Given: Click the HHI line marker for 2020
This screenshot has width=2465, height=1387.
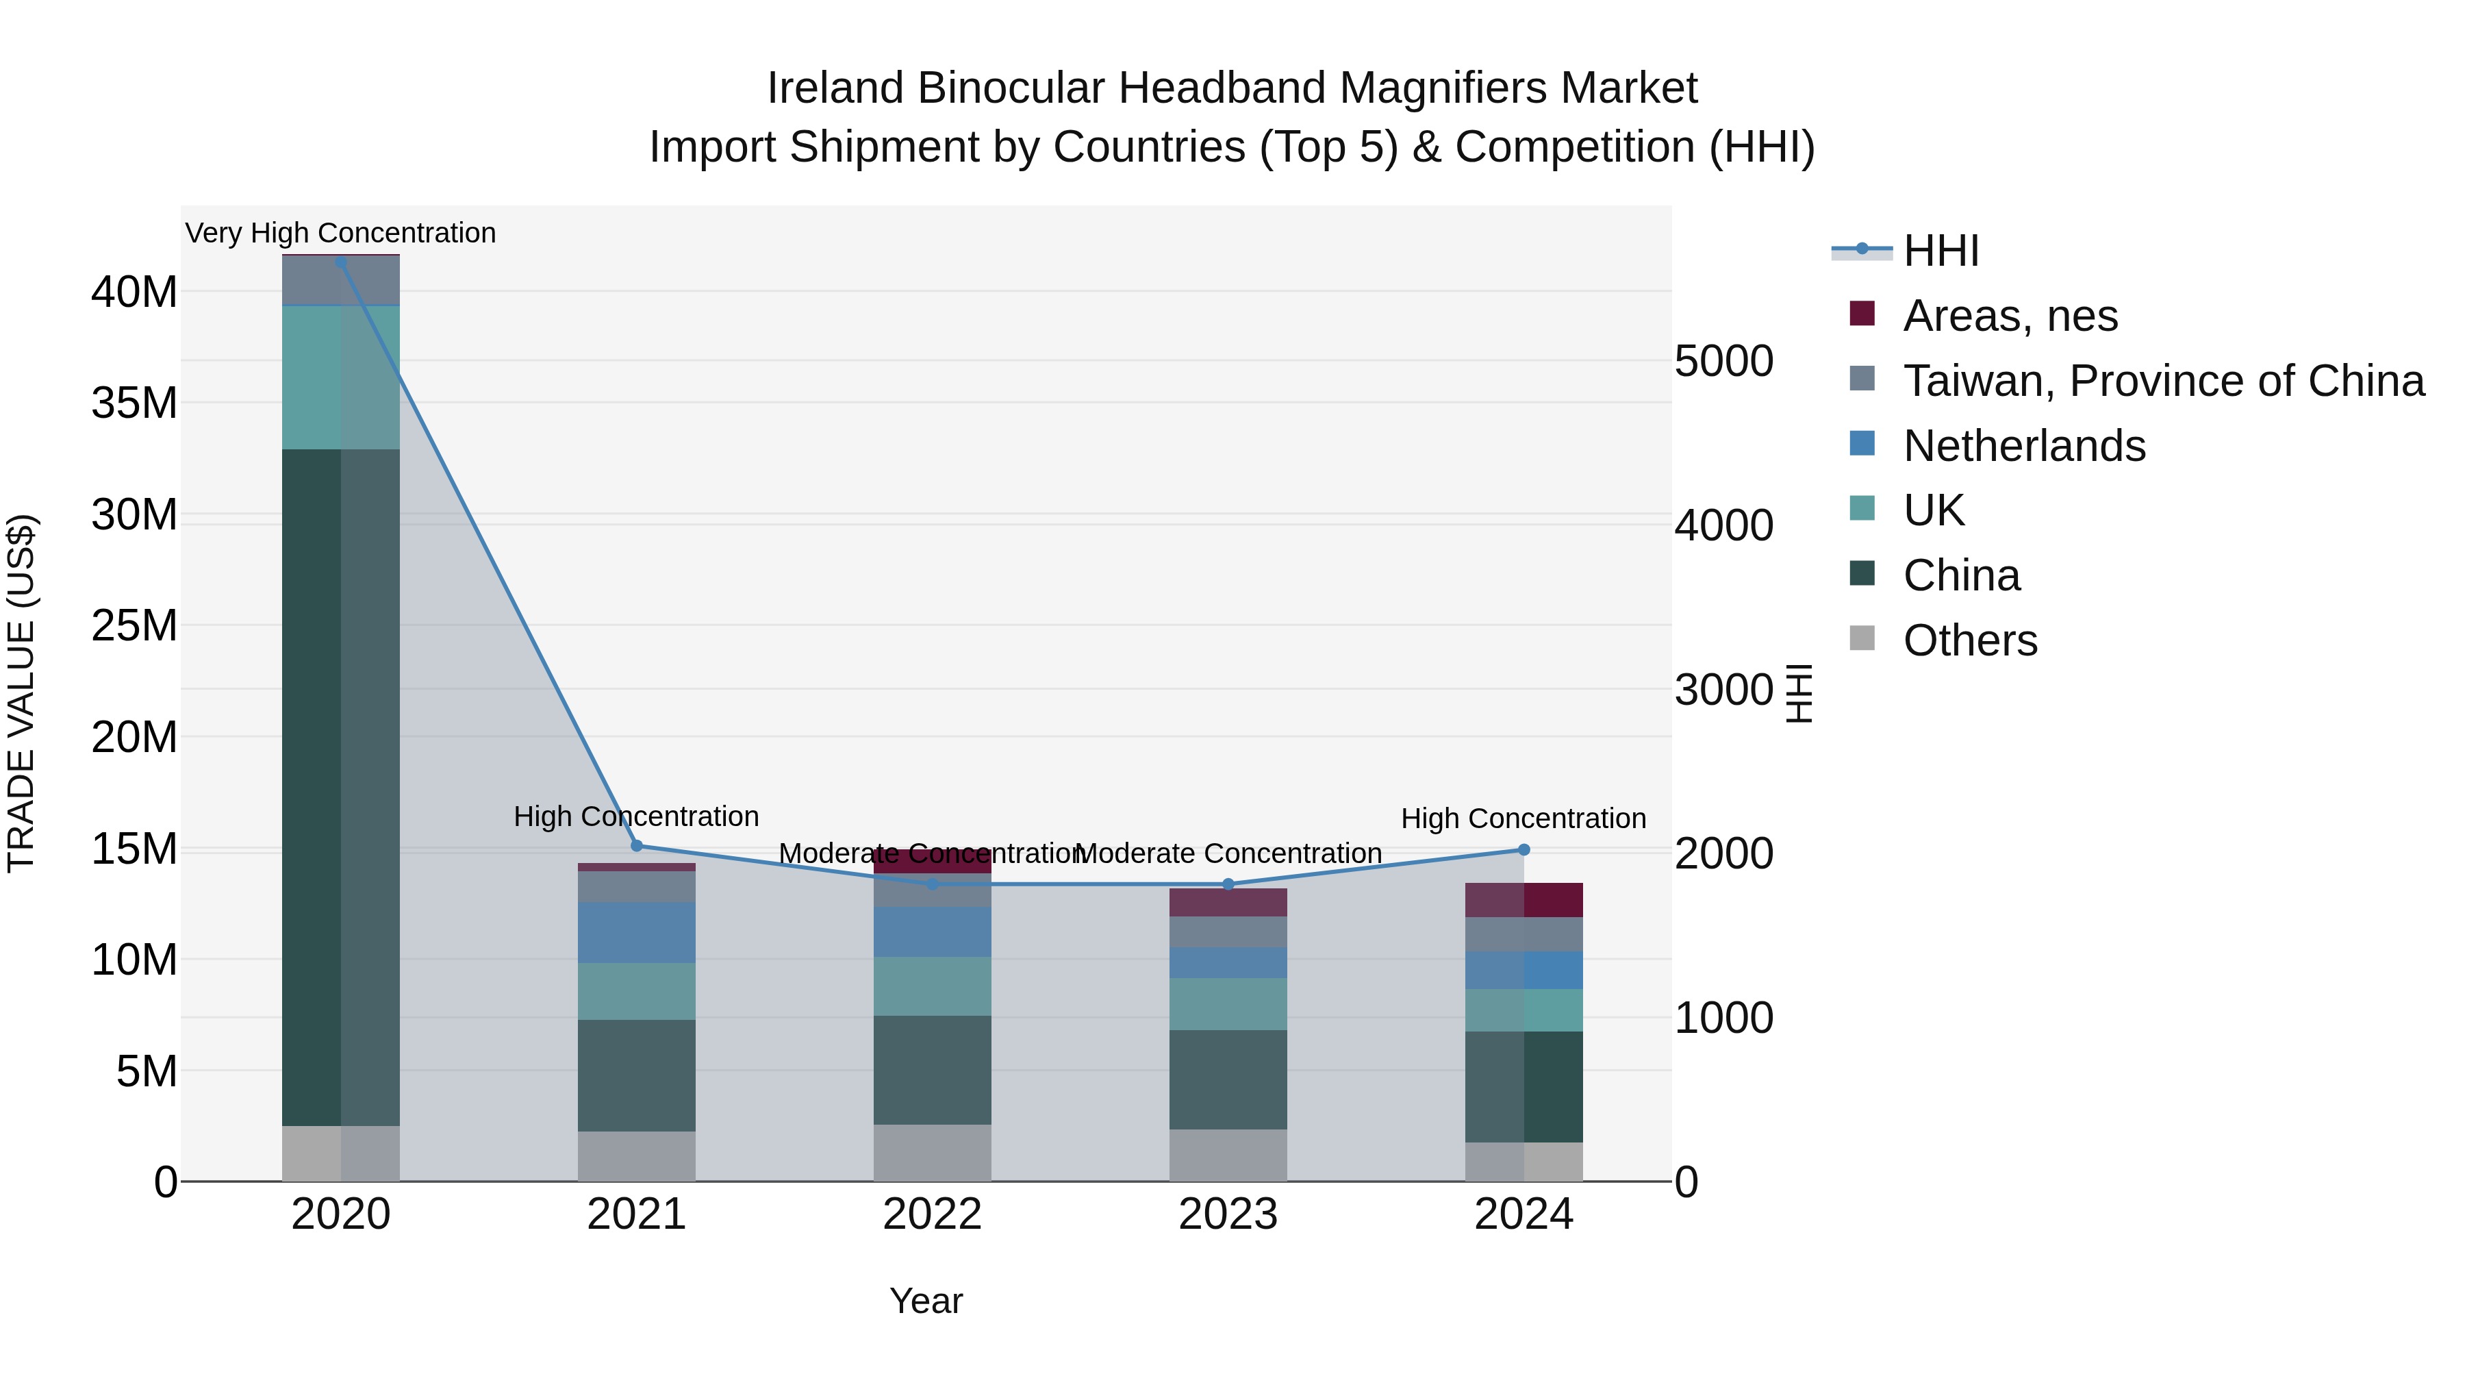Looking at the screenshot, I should coord(341,262).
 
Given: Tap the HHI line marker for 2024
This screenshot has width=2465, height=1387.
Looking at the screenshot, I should coord(1524,850).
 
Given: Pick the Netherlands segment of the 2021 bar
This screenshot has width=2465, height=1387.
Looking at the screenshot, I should coord(636,932).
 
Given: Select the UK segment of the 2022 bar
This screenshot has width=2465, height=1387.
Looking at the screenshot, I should coord(932,986).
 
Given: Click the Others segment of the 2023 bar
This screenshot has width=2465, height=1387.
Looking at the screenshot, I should coord(1228,1155).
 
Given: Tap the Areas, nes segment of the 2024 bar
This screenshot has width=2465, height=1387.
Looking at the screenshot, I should coord(1524,900).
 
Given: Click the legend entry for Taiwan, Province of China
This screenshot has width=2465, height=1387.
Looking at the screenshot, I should coord(2162,381).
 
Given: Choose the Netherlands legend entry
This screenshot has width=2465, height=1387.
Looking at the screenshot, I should coord(2024,446).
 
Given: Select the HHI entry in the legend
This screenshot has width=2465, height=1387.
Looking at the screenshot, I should coord(1941,251).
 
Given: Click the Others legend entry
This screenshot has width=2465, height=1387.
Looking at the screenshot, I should coord(1969,640).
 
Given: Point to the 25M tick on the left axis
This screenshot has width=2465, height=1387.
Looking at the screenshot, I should coord(134,626).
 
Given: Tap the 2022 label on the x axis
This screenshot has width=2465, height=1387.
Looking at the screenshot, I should coord(932,1214).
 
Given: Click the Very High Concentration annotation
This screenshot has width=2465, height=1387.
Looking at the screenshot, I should coord(341,233).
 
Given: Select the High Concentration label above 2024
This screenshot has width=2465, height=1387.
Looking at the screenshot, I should coord(1524,819).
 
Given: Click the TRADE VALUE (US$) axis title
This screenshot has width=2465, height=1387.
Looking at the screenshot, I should coord(21,693).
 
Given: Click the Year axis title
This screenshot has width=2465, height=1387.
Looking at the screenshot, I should coord(925,1301).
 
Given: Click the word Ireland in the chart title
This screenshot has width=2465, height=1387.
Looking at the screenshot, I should coord(835,88).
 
